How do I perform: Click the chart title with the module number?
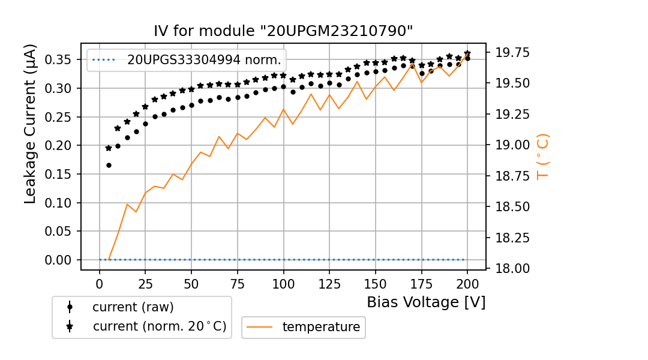point(283,31)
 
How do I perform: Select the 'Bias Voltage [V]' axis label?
point(426,302)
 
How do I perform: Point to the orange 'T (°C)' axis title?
point(542,157)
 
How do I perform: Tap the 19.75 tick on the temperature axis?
point(512,53)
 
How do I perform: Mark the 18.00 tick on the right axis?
point(512,268)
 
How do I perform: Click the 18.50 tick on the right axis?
point(512,206)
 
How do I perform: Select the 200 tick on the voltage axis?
point(467,283)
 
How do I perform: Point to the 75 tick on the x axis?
point(238,283)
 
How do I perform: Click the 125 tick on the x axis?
point(329,283)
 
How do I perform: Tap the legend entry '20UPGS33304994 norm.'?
point(204,60)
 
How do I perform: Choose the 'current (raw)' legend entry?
point(133,307)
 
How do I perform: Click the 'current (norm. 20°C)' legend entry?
point(160,326)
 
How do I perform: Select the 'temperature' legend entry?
point(321,327)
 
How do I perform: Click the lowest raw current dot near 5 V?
point(109,165)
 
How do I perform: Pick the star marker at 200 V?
point(467,53)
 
